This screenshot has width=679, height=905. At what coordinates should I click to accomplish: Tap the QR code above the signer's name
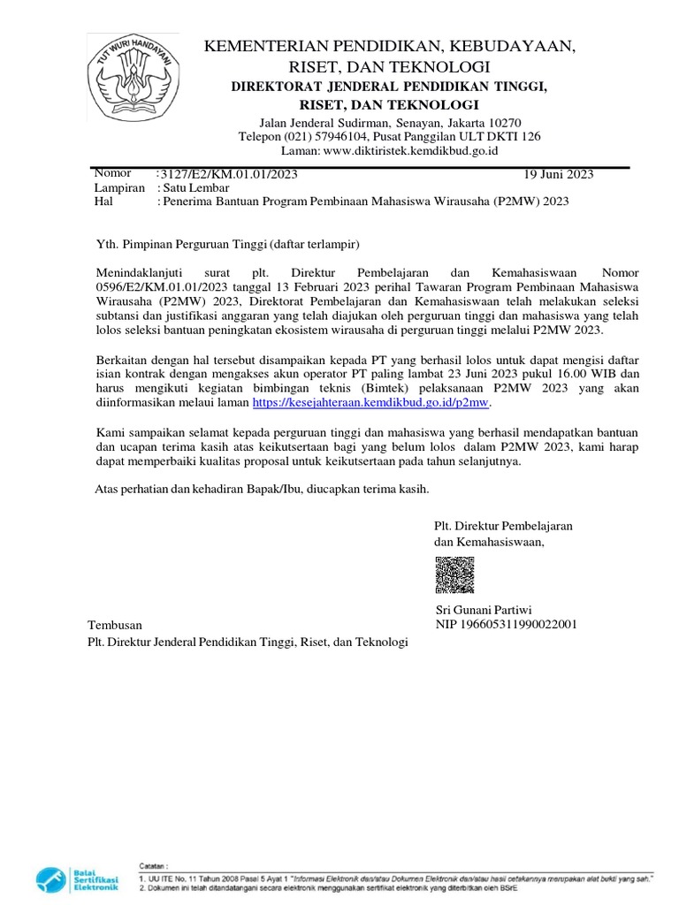[454, 575]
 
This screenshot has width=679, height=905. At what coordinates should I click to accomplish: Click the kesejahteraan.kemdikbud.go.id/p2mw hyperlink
[370, 402]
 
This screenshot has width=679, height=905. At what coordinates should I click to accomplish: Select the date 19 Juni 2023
[559, 174]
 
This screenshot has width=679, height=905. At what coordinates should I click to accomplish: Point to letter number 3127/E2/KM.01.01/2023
[227, 174]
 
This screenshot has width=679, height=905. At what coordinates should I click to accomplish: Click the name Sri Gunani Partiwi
[484, 610]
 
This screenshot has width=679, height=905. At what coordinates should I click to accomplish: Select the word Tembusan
[114, 625]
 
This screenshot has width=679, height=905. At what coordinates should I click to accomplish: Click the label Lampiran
[119, 187]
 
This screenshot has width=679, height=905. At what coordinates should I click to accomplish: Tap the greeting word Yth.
[105, 243]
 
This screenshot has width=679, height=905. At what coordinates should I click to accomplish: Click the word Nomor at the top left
[112, 173]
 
